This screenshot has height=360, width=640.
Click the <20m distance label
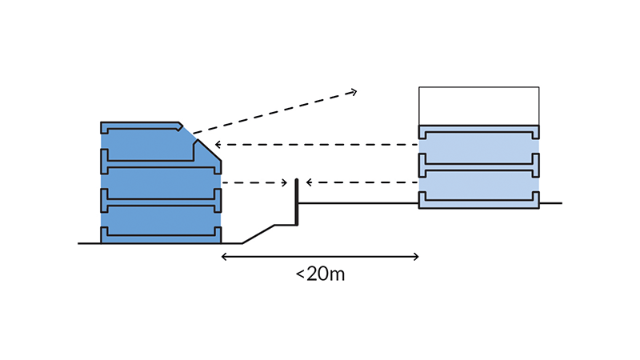pyautogui.click(x=320, y=275)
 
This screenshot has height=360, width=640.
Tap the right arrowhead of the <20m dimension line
pyautogui.click(x=416, y=257)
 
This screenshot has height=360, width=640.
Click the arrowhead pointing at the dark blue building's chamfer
pyautogui.click(x=218, y=145)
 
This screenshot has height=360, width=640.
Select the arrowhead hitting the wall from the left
pyautogui.click(x=286, y=183)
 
